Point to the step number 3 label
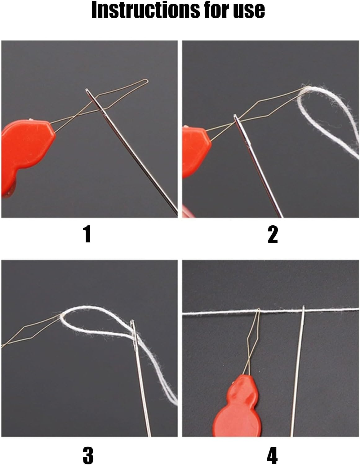tap(88, 454)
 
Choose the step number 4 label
tap(272, 454)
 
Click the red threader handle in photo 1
tap(26, 154)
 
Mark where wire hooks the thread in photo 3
tap(62, 315)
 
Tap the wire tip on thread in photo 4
tap(259, 309)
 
